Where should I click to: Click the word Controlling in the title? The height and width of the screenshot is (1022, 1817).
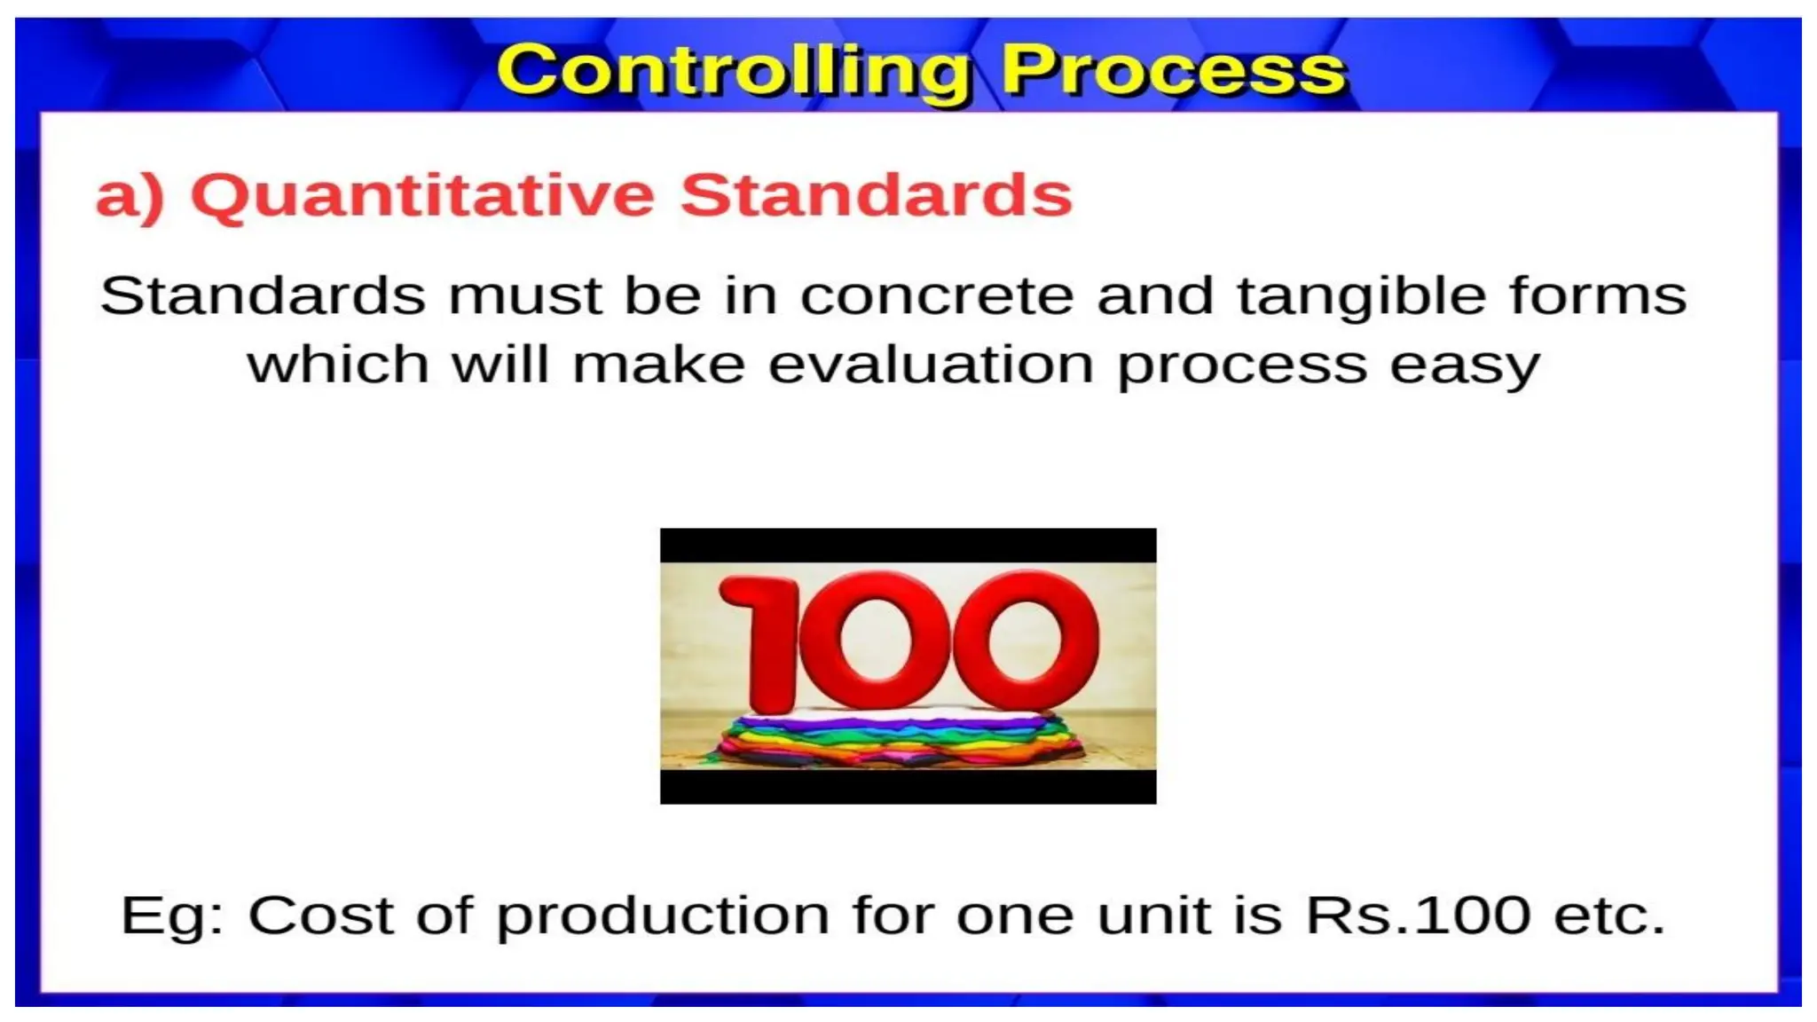tap(733, 71)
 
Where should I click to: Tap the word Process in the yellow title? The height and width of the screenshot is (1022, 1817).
tap(1173, 71)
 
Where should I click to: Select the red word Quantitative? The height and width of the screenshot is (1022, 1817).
tap(422, 195)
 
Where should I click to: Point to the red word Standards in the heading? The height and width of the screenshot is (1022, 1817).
tap(876, 195)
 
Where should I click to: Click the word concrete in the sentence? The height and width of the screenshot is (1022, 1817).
tap(936, 295)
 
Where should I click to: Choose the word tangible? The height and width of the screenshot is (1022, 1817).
tap(1361, 295)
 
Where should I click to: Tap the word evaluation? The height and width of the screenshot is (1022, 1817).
tap(931, 366)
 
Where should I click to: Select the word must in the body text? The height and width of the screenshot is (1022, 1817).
tap(525, 295)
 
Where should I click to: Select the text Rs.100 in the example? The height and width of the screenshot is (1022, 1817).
tap(1418, 915)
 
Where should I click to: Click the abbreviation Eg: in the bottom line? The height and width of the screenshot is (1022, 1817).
tap(173, 916)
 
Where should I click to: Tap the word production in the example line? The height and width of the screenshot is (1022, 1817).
tap(663, 916)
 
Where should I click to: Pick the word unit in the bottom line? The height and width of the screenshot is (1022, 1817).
tap(1152, 915)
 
